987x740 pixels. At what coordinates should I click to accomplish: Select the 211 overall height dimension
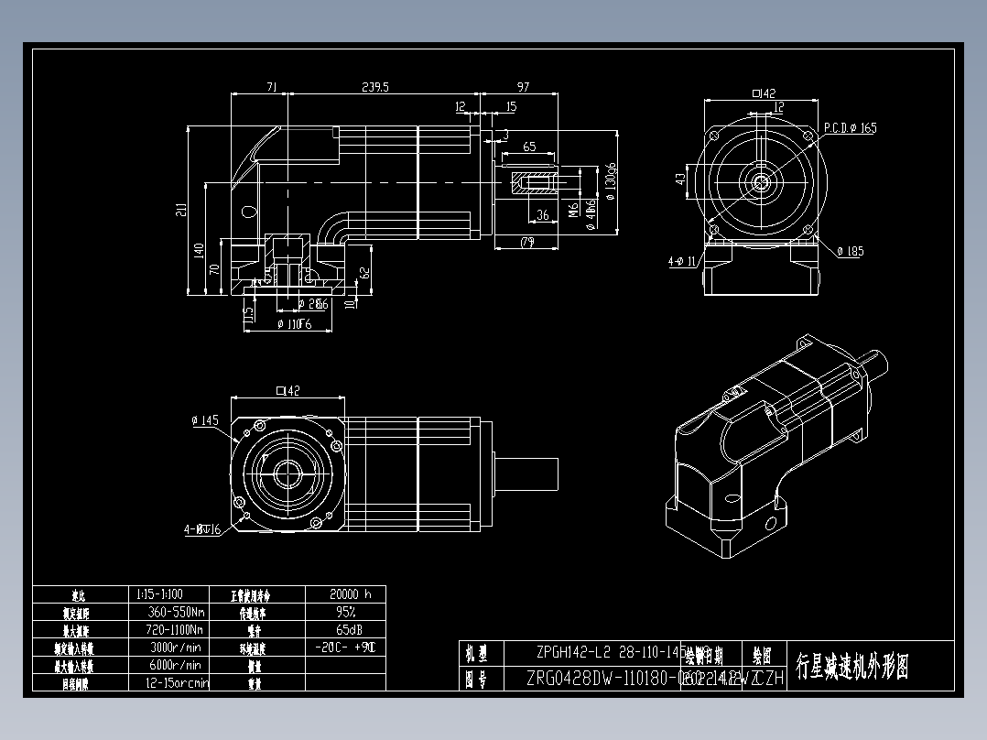181,210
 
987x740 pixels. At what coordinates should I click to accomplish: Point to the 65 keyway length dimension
529,147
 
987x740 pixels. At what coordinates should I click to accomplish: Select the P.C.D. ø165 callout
850,128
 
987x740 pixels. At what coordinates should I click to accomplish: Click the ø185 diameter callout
849,251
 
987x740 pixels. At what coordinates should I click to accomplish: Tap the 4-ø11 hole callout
682,262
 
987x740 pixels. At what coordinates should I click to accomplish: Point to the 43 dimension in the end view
680,179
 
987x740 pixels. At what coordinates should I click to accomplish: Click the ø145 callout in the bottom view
205,420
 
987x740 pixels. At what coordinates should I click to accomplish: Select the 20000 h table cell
344,593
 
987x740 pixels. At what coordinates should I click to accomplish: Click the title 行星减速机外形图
852,666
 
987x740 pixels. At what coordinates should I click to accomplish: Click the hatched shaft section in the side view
534,181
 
